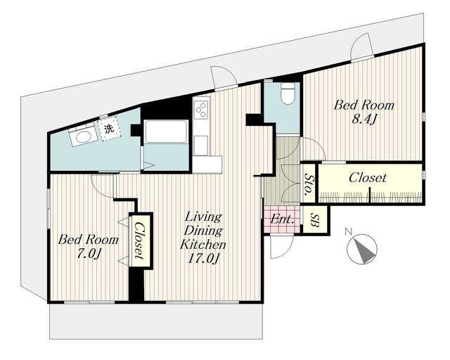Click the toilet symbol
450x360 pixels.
point(286,93)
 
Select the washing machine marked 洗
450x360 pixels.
point(109,129)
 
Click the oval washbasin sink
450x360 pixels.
point(83,136)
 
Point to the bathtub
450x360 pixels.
point(166,131)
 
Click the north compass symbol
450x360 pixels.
point(361,249)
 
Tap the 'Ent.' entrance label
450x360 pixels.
point(283,220)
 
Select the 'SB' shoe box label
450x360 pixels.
point(315,219)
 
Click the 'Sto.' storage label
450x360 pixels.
point(308,184)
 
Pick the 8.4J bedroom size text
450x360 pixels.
point(364,120)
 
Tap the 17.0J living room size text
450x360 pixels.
point(203,258)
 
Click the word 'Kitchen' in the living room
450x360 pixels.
point(203,244)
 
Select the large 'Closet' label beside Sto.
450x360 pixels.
point(368,178)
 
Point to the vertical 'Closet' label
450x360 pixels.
point(139,240)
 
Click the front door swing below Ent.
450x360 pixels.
point(281,247)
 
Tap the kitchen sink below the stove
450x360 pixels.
point(201,145)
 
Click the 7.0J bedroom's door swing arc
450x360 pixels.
point(102,186)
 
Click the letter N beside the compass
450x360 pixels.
point(348,231)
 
